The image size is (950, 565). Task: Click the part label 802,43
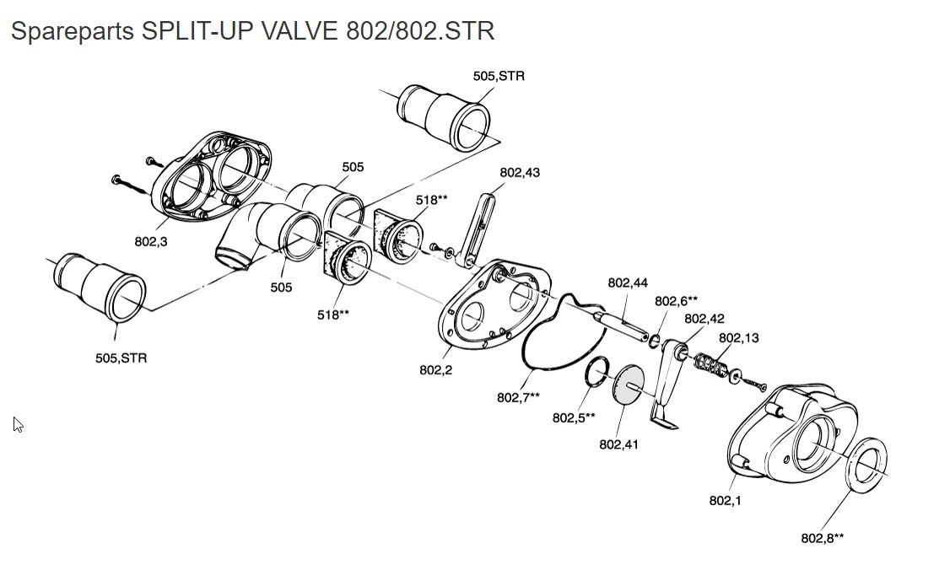tap(520, 173)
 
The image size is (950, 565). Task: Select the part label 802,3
tap(151, 241)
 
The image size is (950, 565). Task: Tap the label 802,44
tap(628, 282)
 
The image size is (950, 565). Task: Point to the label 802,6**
tap(676, 301)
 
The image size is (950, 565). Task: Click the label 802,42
tap(704, 319)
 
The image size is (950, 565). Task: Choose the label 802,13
tap(738, 338)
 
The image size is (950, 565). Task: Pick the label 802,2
tap(435, 369)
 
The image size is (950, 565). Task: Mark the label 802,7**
tap(518, 397)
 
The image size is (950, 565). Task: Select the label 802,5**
tap(574, 417)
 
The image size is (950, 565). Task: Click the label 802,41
tap(618, 444)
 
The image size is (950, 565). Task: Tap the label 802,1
tap(726, 500)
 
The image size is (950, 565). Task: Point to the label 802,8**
tap(822, 538)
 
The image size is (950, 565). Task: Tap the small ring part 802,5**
tap(597, 370)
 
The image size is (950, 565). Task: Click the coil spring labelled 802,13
tap(710, 367)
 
